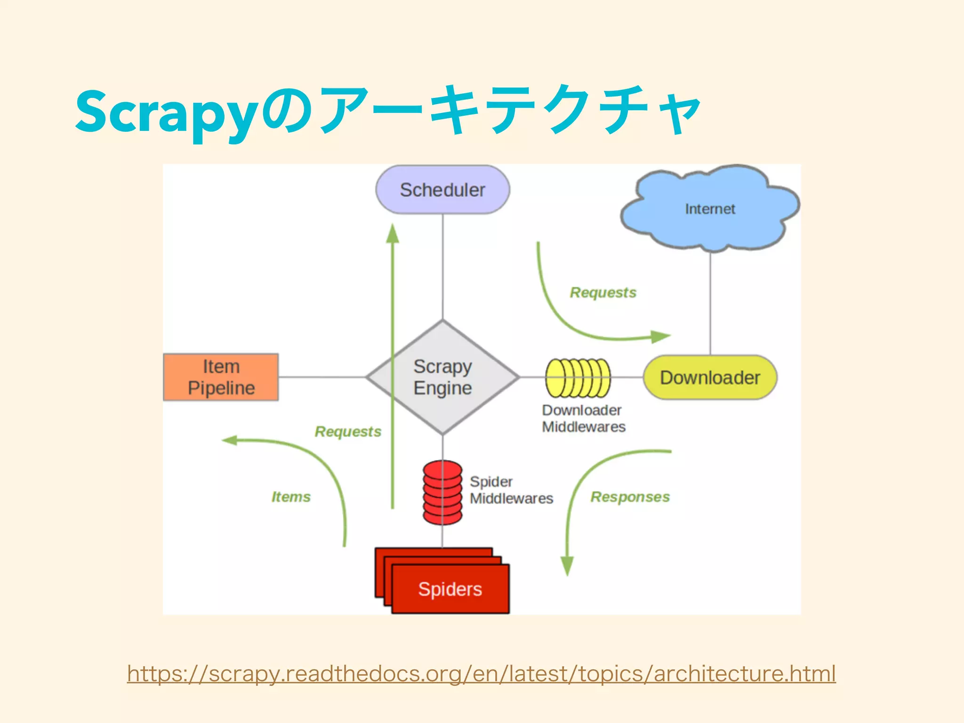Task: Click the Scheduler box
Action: (x=442, y=190)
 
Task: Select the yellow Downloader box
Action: (x=710, y=378)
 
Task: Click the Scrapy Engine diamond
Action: (x=442, y=377)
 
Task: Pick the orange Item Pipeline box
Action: (x=221, y=377)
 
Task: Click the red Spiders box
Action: (x=450, y=589)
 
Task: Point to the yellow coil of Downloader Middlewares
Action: (x=578, y=378)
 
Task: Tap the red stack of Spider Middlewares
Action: (x=442, y=492)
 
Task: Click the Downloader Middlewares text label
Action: (x=583, y=418)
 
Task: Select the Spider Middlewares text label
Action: (x=511, y=490)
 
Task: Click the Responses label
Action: (x=630, y=497)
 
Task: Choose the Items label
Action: (x=291, y=497)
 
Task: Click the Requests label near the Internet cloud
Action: (x=603, y=293)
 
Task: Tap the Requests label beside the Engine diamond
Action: (x=348, y=432)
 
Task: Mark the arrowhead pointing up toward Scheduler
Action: (x=393, y=234)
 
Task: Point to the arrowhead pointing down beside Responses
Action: (x=567, y=565)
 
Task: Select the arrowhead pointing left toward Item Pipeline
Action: (x=230, y=441)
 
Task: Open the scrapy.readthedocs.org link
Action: (x=481, y=674)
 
